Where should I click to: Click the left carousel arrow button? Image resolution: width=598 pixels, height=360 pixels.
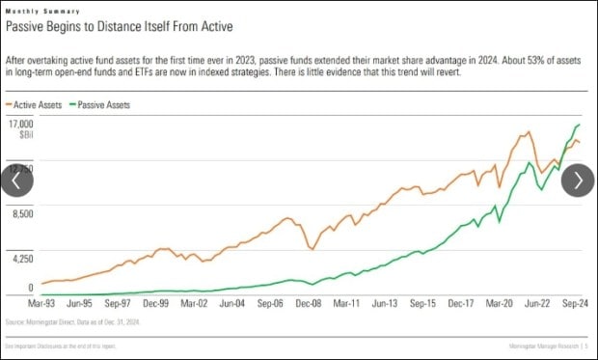point(16,180)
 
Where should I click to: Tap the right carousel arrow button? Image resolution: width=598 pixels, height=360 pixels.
point(578,180)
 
